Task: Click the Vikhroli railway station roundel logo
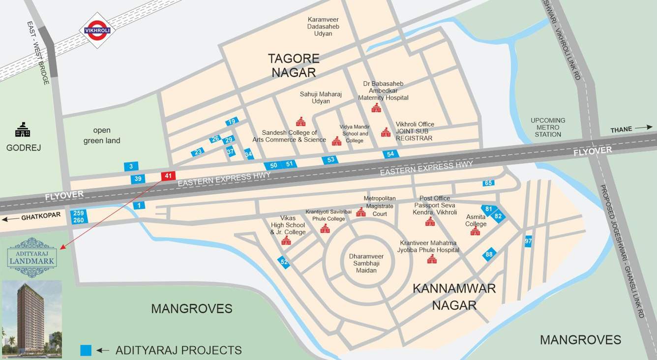[x=97, y=30]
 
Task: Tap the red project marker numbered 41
[x=168, y=176]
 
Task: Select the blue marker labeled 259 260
[x=79, y=216]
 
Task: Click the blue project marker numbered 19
[x=232, y=121]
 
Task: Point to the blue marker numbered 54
[x=390, y=154]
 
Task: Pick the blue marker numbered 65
[x=488, y=183]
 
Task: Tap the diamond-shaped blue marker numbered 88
[x=489, y=254]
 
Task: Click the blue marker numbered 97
[x=528, y=241]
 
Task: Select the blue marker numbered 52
[x=284, y=262]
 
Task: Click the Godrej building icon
[x=23, y=130]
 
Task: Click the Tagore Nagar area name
[x=293, y=65]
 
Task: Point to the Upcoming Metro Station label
[x=548, y=127]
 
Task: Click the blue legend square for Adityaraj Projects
[x=86, y=350]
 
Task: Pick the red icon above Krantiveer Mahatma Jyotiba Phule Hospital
[x=432, y=259]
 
